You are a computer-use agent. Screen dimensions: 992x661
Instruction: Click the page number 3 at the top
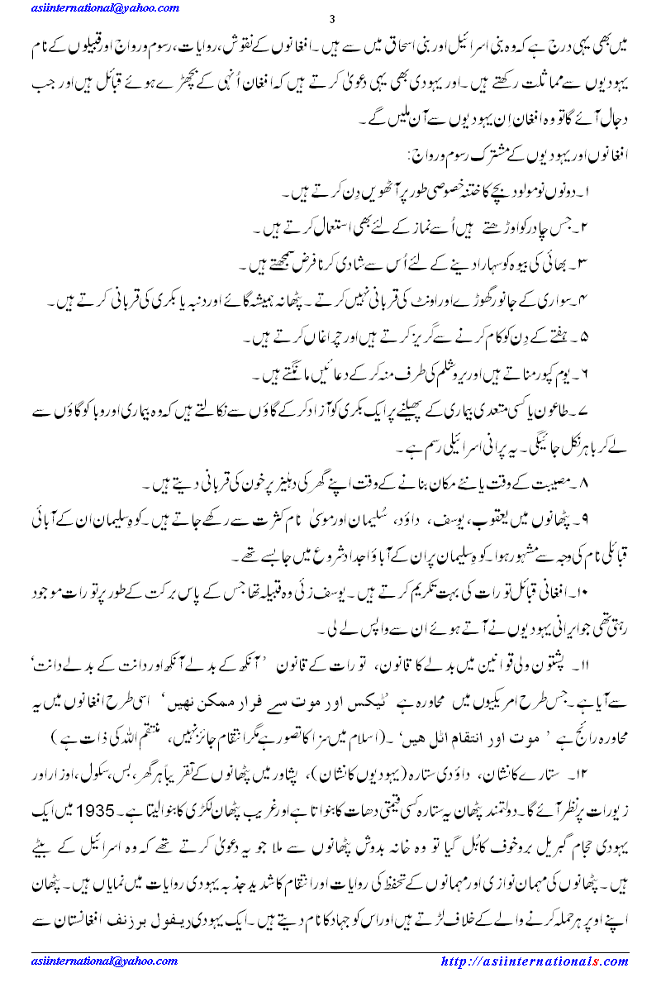tap(331, 20)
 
